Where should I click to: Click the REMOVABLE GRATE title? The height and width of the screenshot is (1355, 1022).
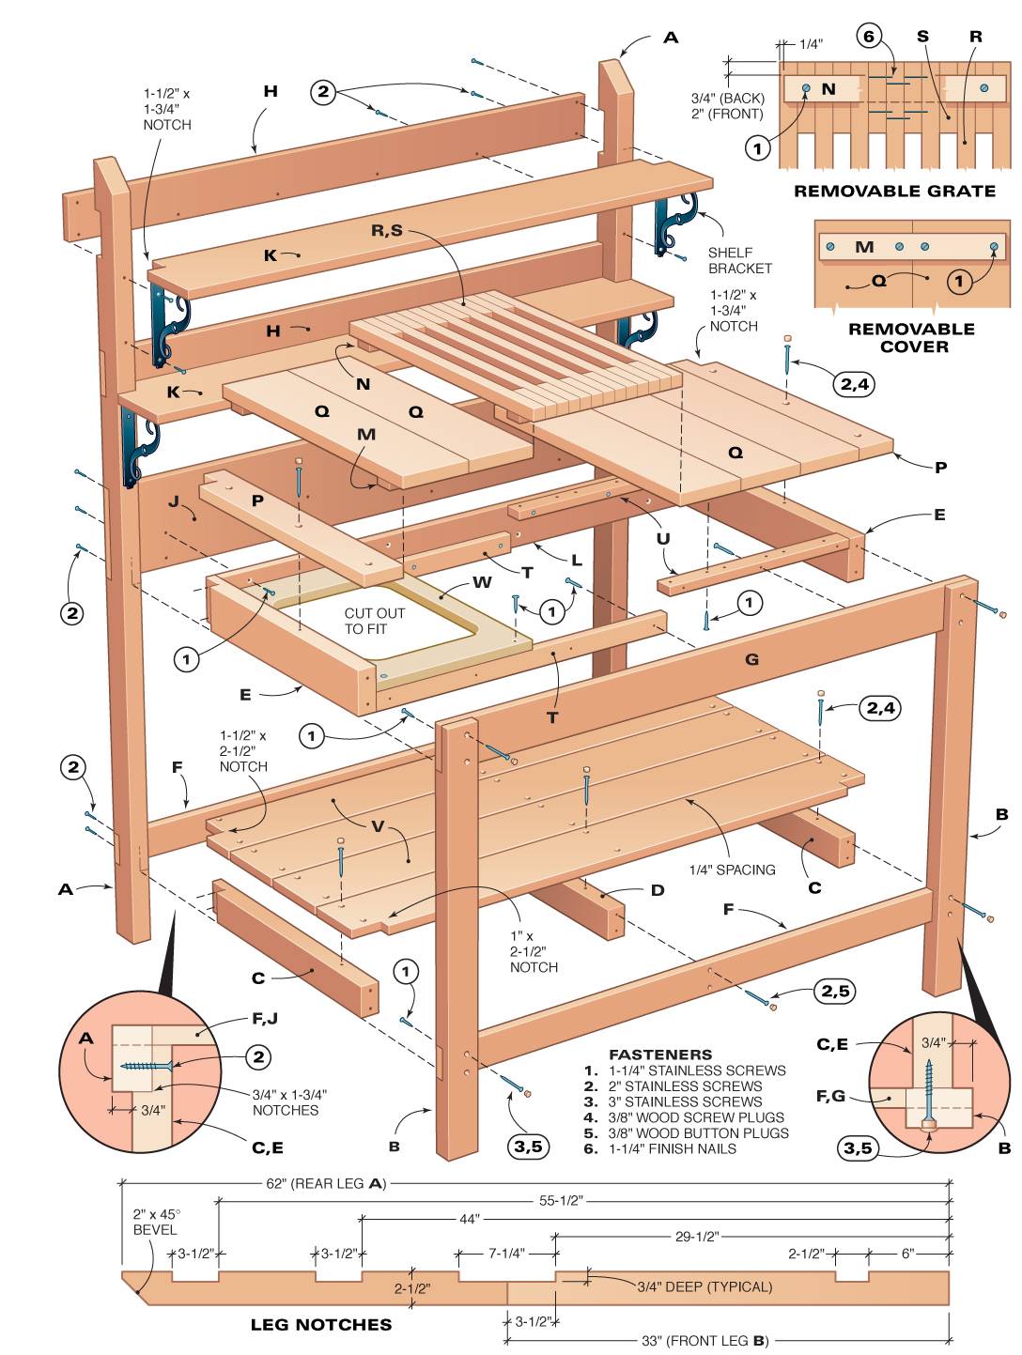click(x=894, y=191)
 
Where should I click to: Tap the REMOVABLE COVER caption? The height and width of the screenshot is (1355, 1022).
click(x=911, y=337)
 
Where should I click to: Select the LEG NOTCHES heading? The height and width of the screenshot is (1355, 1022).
click(x=320, y=1324)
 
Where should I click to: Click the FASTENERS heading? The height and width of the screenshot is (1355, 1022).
click(x=660, y=1055)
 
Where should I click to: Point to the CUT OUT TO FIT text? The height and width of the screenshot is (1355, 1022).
click(x=374, y=621)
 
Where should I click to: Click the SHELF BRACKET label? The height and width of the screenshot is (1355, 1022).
click(x=739, y=260)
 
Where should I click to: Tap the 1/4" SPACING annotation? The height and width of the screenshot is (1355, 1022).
click(x=732, y=870)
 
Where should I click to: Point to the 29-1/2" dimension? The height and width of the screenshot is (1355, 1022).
click(x=696, y=1236)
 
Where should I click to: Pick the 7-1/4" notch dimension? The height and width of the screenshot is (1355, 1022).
click(x=506, y=1253)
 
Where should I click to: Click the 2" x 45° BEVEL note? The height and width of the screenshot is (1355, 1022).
click(x=154, y=1221)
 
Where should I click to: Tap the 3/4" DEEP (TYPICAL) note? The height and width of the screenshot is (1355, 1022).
click(x=705, y=1286)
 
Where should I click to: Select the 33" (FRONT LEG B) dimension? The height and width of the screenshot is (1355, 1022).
click(x=705, y=1340)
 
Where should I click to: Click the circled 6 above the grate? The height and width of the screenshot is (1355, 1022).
click(x=868, y=37)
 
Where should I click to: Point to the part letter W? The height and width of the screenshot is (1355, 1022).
click(x=482, y=582)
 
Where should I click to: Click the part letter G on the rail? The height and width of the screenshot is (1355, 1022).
click(x=751, y=659)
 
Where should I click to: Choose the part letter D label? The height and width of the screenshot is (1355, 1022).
click(x=658, y=890)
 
